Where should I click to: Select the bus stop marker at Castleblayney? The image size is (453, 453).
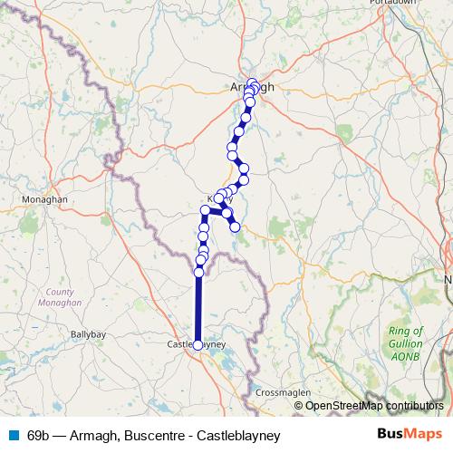coord(198,344)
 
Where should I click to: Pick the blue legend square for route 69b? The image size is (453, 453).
coord(14,435)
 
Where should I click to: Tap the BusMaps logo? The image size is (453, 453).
coord(403,435)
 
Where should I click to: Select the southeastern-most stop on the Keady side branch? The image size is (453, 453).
coord(235,226)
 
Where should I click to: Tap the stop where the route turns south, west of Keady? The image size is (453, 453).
coord(206,210)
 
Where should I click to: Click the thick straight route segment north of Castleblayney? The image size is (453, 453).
coord(198,308)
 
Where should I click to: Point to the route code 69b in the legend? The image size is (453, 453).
coord(39,435)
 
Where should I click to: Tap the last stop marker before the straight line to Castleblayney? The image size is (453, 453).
coord(198,272)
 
